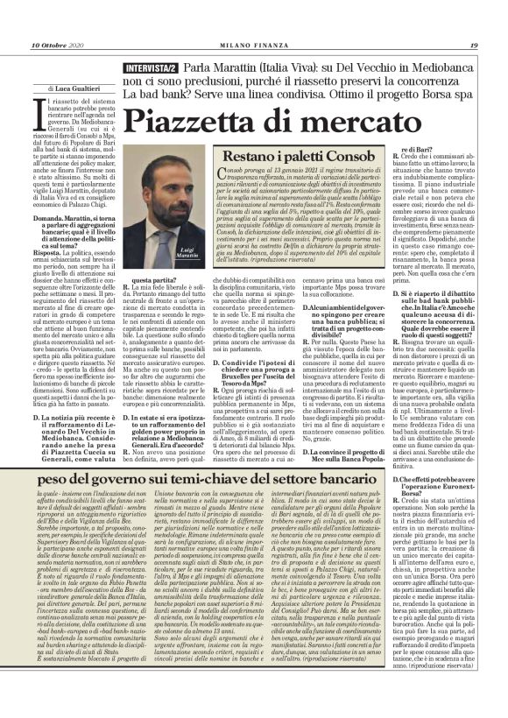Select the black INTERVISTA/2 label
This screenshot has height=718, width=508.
click(144, 67)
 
